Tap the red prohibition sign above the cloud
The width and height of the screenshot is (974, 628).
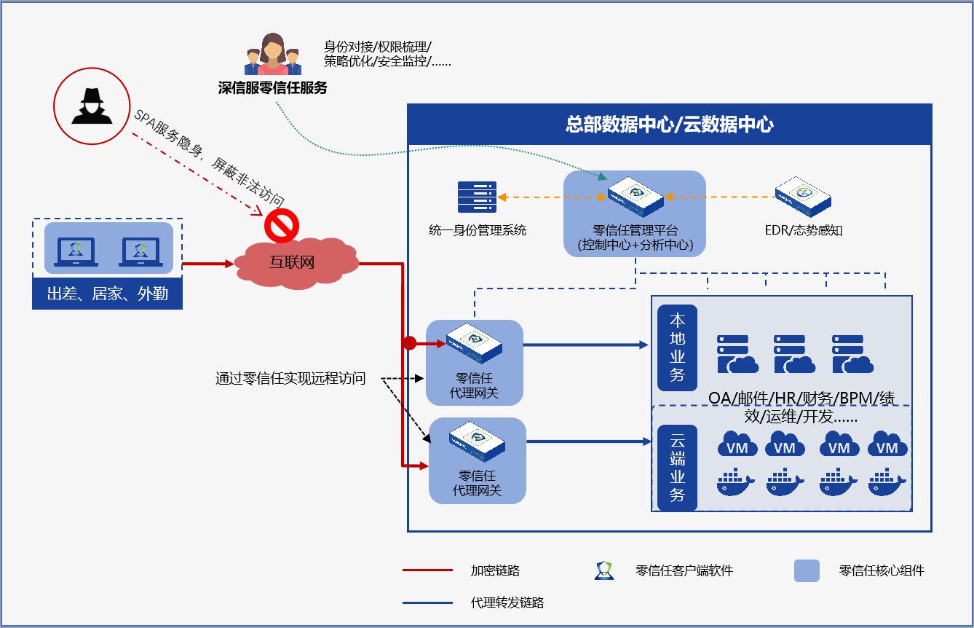(280, 226)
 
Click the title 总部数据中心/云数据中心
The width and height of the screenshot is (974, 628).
(669, 124)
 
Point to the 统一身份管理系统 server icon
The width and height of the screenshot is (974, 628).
(477, 197)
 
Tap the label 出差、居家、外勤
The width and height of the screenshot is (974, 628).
(107, 294)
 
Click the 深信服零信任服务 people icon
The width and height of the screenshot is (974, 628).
(272, 55)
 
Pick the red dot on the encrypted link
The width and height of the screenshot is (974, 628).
(410, 343)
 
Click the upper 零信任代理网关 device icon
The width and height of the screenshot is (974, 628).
(474, 343)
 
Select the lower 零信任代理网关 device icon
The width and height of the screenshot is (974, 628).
(478, 441)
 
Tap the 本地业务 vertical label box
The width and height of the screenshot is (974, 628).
(677, 348)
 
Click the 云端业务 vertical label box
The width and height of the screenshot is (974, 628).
(677, 468)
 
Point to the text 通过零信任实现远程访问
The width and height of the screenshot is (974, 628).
(290, 379)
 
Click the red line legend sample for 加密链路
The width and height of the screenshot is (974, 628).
(427, 570)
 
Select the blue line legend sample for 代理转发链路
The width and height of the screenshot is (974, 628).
(427, 603)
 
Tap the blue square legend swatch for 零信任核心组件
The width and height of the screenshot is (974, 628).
(807, 570)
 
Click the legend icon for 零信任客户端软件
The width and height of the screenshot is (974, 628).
(604, 570)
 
